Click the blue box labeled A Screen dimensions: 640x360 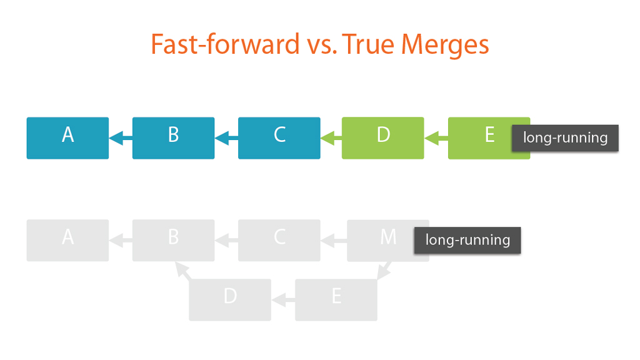tap(67, 138)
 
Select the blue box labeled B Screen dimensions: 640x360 tap(174, 138)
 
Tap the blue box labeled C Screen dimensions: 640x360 tap(279, 138)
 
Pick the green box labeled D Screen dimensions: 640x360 tap(383, 138)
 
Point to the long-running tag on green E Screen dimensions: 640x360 tap(565, 138)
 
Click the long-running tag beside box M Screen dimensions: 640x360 tap(467, 240)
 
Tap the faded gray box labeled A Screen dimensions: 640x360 tap(67, 241)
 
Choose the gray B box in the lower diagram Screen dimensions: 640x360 tap(174, 241)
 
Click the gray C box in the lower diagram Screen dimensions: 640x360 tap(279, 241)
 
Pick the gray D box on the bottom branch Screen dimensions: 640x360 tap(230, 299)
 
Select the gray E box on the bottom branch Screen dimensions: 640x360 tap(336, 299)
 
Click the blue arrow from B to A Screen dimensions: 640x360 tap(121, 138)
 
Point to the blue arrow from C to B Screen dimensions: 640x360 tap(226, 138)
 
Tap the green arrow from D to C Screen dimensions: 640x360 tap(331, 138)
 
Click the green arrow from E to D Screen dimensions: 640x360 tap(436, 138)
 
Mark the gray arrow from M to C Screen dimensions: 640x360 tap(334, 241)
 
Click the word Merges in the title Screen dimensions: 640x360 tap(445, 44)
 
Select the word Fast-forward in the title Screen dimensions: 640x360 tap(225, 44)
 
